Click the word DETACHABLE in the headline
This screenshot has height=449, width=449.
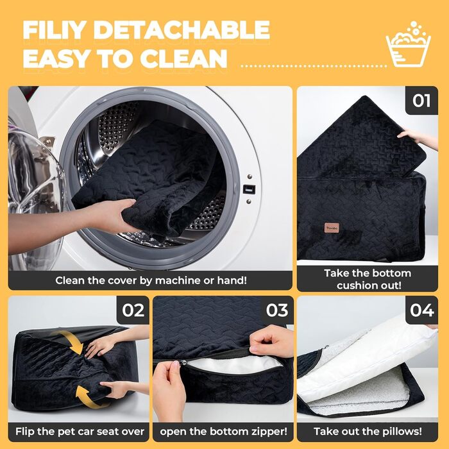click(x=182, y=30)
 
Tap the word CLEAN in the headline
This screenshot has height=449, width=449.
click(x=183, y=59)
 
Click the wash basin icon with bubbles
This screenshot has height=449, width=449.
click(x=409, y=44)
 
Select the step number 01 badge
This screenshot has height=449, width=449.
click(x=421, y=101)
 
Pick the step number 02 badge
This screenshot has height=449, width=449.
click(x=133, y=310)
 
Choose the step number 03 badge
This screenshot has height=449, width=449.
click(x=277, y=310)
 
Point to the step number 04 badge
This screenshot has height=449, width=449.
click(x=422, y=310)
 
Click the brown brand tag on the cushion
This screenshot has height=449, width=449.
click(x=332, y=228)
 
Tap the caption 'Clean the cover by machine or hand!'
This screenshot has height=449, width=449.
click(x=151, y=280)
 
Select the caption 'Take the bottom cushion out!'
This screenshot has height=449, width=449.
click(x=368, y=279)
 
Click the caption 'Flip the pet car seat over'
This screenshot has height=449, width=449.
click(x=80, y=431)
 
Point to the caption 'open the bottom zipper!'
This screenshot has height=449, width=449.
click(x=223, y=431)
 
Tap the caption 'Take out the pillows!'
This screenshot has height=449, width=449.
click(x=368, y=431)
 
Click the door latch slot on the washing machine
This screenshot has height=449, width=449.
click(x=249, y=189)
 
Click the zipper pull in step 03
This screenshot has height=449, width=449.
click(x=183, y=363)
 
